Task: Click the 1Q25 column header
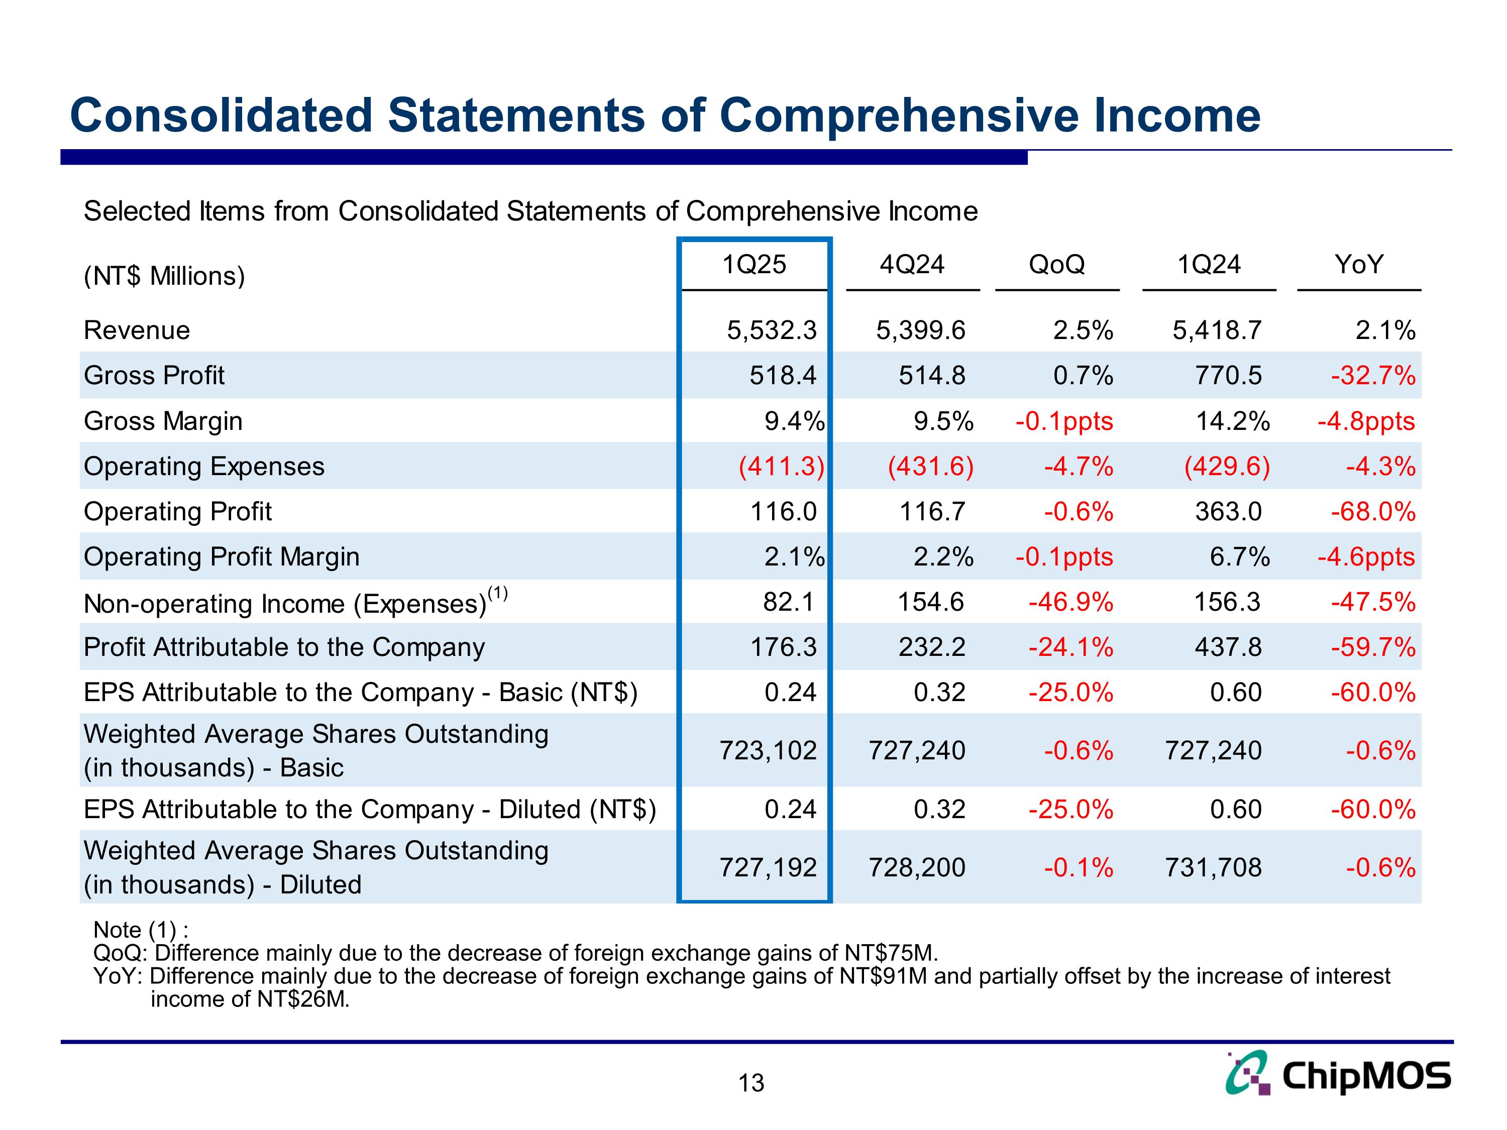[x=753, y=264]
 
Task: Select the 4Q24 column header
[x=912, y=264]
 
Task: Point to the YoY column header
[x=1358, y=264]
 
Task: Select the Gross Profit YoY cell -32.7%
[x=1373, y=375]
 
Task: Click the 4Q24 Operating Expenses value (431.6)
[x=931, y=467]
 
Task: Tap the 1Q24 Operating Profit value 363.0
[x=1228, y=512]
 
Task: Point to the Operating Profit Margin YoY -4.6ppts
[x=1365, y=557]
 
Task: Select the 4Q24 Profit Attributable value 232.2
[x=931, y=647]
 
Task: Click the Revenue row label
[x=137, y=330]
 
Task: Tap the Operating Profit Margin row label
[x=222, y=557]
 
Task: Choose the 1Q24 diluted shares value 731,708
[x=1213, y=867]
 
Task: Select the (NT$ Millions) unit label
[x=164, y=276]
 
